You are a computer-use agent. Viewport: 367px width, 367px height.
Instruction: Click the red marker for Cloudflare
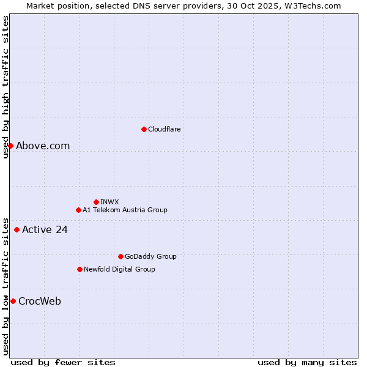coord(144,129)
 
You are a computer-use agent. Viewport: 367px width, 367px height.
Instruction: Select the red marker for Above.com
coord(10,146)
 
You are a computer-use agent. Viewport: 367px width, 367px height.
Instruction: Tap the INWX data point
coord(96,202)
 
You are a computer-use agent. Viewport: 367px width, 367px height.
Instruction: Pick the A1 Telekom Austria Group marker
coord(78,210)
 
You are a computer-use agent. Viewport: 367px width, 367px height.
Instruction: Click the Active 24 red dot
coord(17,230)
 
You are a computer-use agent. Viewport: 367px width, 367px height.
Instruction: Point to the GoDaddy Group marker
coord(120,256)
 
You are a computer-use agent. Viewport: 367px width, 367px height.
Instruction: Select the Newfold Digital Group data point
coord(80,269)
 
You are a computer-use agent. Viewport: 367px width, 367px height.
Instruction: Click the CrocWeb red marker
coord(13,301)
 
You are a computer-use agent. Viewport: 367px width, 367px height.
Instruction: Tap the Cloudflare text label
coord(165,129)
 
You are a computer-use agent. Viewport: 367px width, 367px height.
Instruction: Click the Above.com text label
coord(43,146)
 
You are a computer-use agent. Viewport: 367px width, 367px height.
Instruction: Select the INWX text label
coord(109,202)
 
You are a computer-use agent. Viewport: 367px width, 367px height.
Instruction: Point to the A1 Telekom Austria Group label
coord(125,210)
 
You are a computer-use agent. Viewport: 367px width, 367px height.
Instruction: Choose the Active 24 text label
coord(45,230)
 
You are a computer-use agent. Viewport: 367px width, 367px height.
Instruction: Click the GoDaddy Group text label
coord(150,256)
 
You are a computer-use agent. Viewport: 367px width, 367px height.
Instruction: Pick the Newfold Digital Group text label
coord(119,269)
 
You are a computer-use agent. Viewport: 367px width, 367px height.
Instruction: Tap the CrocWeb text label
coord(40,301)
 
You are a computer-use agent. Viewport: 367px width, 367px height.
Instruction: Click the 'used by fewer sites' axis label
coord(63,362)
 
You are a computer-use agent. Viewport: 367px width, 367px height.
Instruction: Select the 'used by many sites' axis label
coord(307,362)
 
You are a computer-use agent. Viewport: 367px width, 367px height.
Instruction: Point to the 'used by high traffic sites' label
coord(6,87)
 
